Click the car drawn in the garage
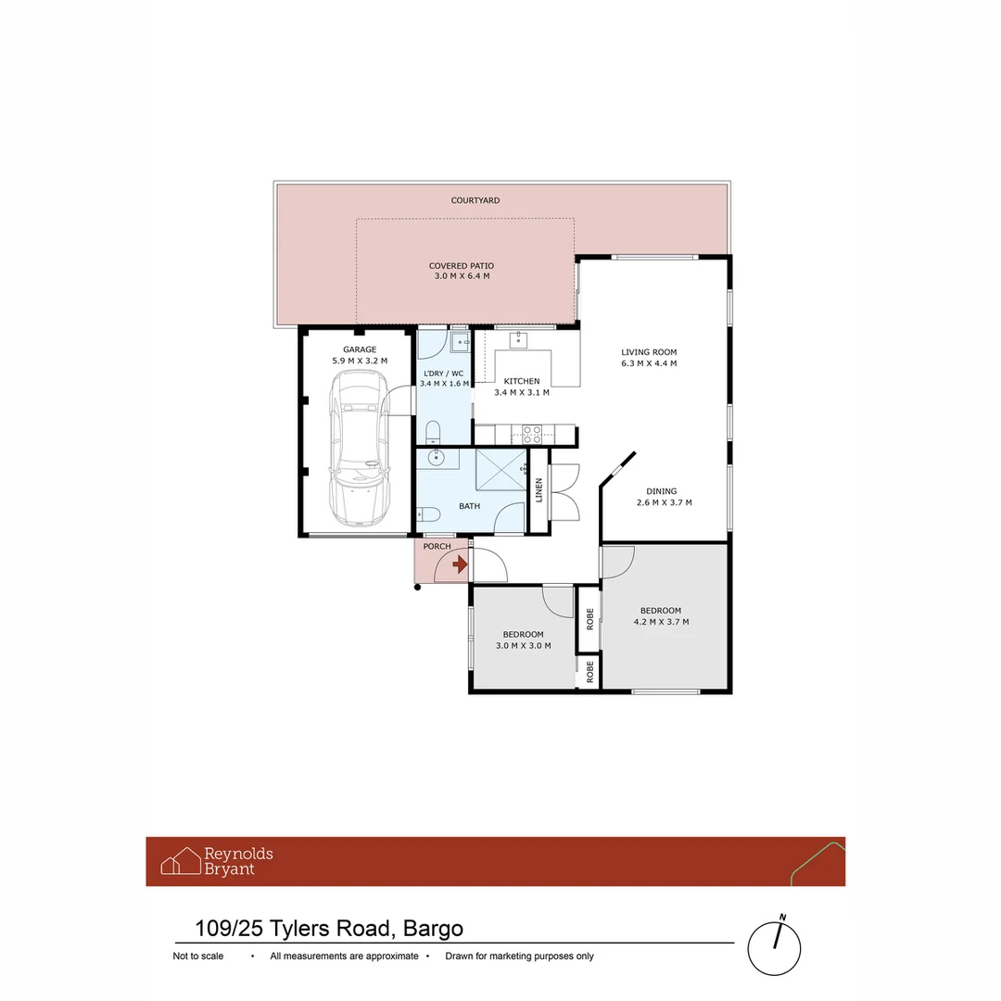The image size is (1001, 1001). point(359,449)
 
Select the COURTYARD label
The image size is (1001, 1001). point(475,200)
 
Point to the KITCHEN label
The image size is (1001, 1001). point(521,381)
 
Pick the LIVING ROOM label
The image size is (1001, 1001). point(649,352)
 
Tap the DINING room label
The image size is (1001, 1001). point(662,491)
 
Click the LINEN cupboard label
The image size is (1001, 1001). point(539,490)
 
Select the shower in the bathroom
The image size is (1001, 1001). point(500,471)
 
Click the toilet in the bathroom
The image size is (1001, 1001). point(427,515)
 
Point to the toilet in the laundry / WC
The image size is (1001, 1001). point(433,432)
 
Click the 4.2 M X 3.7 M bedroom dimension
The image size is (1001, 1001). point(660,622)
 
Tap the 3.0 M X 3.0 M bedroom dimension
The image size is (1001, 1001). point(523,645)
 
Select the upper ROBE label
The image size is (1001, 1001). point(589,619)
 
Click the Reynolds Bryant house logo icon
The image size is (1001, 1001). point(180,861)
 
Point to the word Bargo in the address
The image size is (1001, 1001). point(433,928)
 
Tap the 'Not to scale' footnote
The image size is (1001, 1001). point(197,956)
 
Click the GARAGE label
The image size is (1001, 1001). point(360,349)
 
